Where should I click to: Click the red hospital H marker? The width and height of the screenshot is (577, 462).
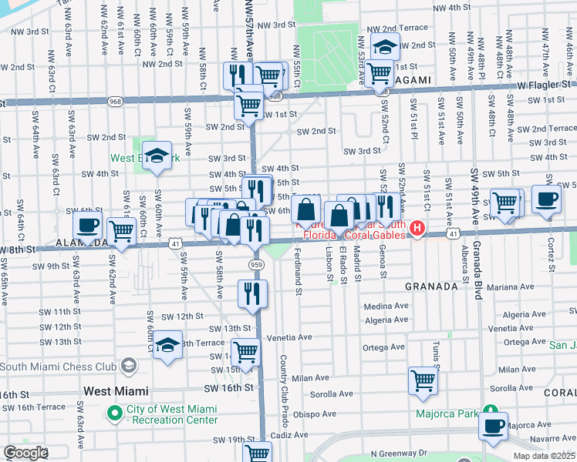417,228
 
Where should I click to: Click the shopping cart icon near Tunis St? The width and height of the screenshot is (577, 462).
423,380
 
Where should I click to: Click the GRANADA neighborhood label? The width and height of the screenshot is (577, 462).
431,286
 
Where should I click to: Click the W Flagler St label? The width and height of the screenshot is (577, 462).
544,84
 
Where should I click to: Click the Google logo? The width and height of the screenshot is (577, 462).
25,453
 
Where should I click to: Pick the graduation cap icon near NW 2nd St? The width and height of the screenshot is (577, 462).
385,47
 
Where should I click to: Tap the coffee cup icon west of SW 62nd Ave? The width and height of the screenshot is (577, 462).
87,226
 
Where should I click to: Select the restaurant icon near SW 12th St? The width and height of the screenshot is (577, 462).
253,293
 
